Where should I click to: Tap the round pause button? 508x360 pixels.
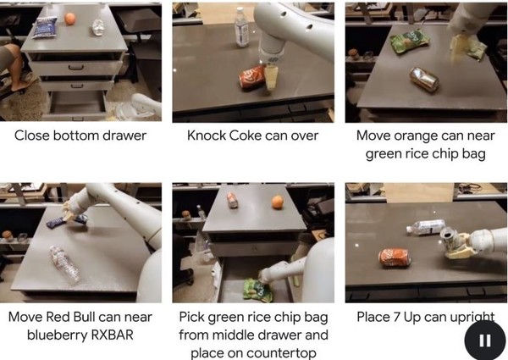coord(484,340)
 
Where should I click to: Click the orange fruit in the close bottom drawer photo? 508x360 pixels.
coord(69,19)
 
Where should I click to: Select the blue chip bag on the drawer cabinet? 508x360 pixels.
coord(44,27)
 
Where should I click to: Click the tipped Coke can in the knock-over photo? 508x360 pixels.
coord(252,77)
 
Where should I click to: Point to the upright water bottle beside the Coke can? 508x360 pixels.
coord(241,27)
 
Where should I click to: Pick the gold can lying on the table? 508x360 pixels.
coord(424,79)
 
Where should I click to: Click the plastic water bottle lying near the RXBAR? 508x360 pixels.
coord(64,264)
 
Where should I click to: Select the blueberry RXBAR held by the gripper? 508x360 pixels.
coord(67,221)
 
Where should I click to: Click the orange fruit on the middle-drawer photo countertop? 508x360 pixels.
coord(278,202)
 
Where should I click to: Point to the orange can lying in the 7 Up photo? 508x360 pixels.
coord(395,258)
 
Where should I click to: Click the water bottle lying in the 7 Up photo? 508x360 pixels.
coord(426,227)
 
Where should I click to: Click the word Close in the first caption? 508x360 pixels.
coord(32,136)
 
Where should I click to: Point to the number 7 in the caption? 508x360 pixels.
coord(396,317)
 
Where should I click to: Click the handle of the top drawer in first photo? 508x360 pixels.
coord(75,68)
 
